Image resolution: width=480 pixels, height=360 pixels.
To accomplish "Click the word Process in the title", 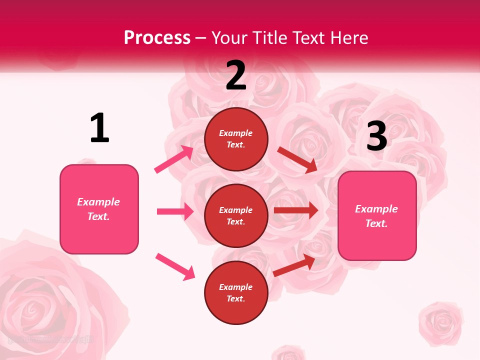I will [x=157, y=38].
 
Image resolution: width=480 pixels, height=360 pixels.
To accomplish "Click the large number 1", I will [x=99, y=128].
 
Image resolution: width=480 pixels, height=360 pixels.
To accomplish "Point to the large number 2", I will [x=236, y=76].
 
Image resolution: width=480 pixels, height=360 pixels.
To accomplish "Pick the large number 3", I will [x=376, y=136].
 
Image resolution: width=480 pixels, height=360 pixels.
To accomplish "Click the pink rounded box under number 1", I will [x=99, y=209].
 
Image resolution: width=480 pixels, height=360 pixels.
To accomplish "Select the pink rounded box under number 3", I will [x=377, y=216].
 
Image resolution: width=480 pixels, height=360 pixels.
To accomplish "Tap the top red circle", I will [x=236, y=139].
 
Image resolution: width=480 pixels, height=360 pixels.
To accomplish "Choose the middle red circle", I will [x=236, y=215].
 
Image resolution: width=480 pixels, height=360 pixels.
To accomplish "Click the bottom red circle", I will [x=236, y=292].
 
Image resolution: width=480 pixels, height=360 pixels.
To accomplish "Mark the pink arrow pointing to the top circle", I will [x=174, y=159].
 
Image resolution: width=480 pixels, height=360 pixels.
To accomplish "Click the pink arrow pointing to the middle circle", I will [x=175, y=211].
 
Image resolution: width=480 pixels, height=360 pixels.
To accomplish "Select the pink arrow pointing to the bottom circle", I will [x=175, y=266].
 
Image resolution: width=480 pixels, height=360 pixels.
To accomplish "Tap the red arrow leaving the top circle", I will [x=297, y=159].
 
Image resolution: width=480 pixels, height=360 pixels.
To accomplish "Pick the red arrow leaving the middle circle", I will [x=295, y=210].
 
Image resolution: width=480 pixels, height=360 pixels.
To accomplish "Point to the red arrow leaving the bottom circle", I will [x=294, y=266].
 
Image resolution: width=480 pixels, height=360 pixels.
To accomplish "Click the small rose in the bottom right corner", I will [x=440, y=323].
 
